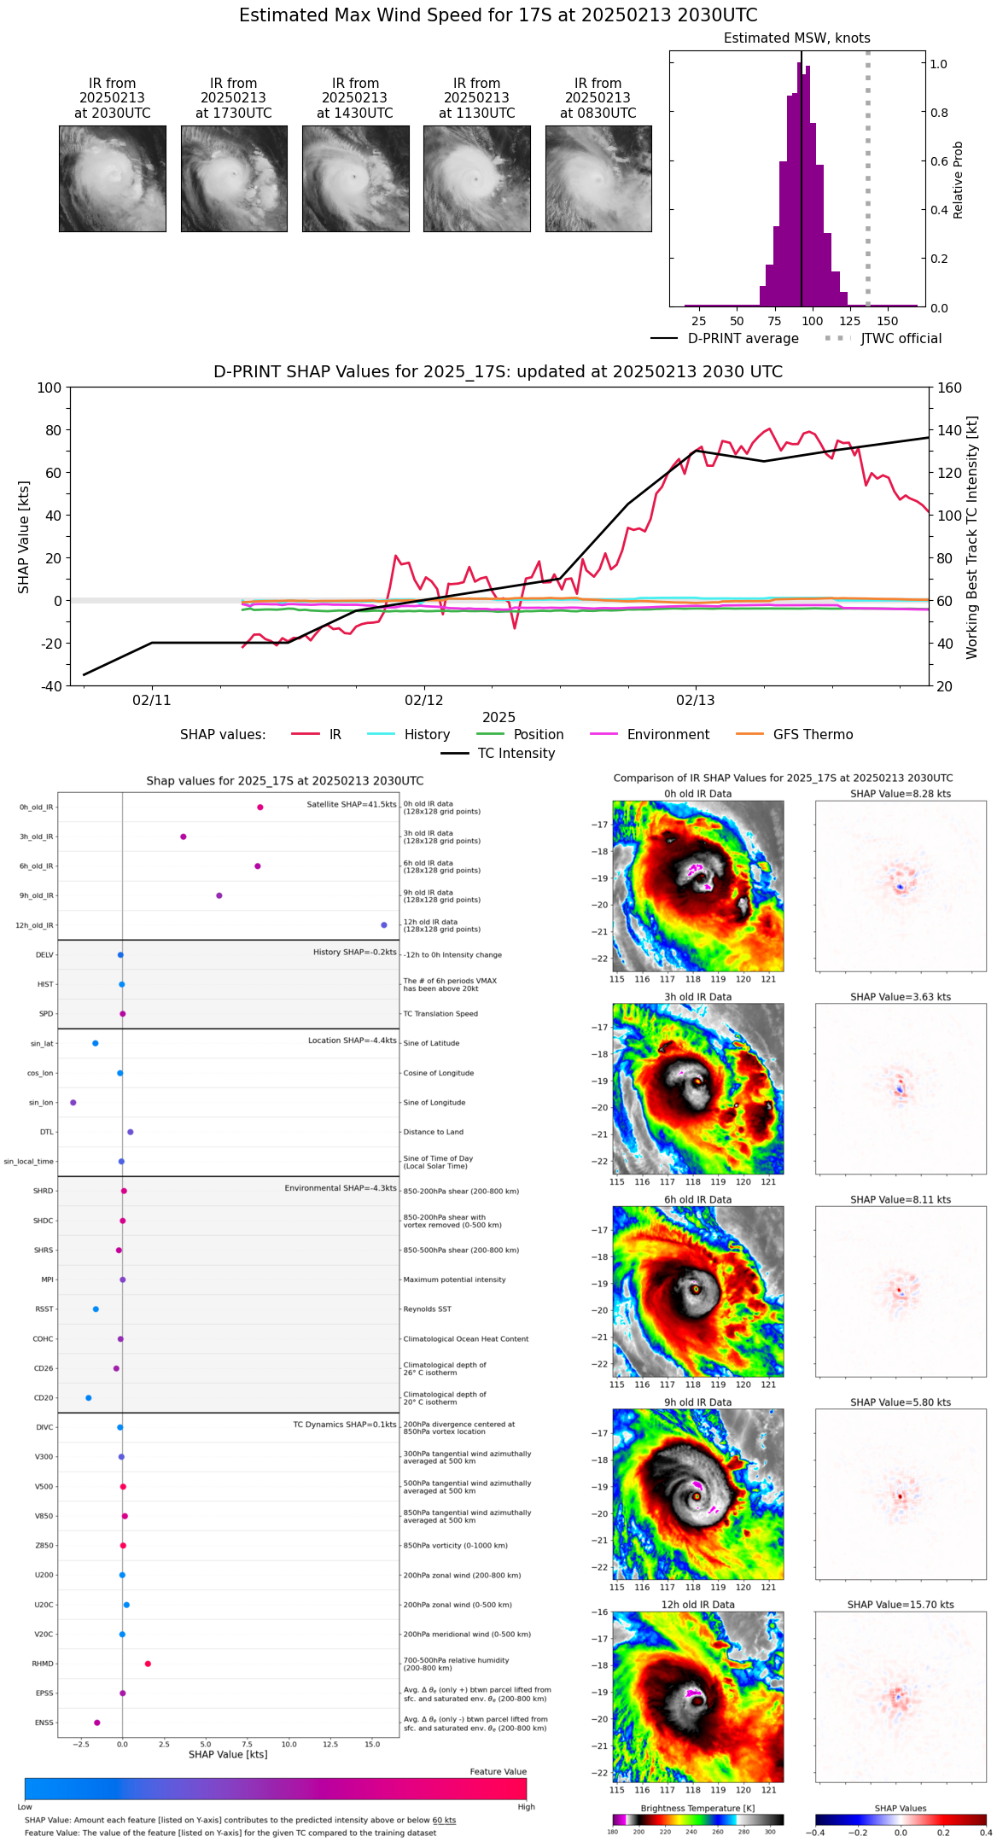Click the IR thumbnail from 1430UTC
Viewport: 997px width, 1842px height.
pyautogui.click(x=355, y=178)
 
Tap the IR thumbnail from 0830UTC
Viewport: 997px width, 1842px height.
pyautogui.click(x=598, y=178)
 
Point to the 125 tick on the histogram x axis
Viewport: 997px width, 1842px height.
pyautogui.click(x=849, y=321)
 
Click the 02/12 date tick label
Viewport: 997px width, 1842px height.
pyautogui.click(x=424, y=701)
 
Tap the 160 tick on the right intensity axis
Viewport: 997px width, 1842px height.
pyautogui.click(x=949, y=388)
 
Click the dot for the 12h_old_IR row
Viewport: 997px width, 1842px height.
pyautogui.click(x=384, y=925)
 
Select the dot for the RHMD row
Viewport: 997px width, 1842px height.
pyautogui.click(x=148, y=1664)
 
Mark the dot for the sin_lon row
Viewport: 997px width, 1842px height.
pyautogui.click(x=73, y=1103)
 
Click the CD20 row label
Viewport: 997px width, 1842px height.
pyautogui.click(x=44, y=1398)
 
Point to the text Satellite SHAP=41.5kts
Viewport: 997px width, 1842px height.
pyautogui.click(x=352, y=805)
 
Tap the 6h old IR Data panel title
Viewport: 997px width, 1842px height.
pyautogui.click(x=697, y=1199)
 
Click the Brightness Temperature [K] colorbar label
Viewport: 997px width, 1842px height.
pyautogui.click(x=697, y=1808)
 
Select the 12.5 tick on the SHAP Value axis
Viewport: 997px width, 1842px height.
pyautogui.click(x=330, y=1744)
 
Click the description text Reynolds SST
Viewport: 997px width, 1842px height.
pyautogui.click(x=427, y=1309)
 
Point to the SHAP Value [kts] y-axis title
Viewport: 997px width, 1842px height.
pyautogui.click(x=24, y=537)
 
